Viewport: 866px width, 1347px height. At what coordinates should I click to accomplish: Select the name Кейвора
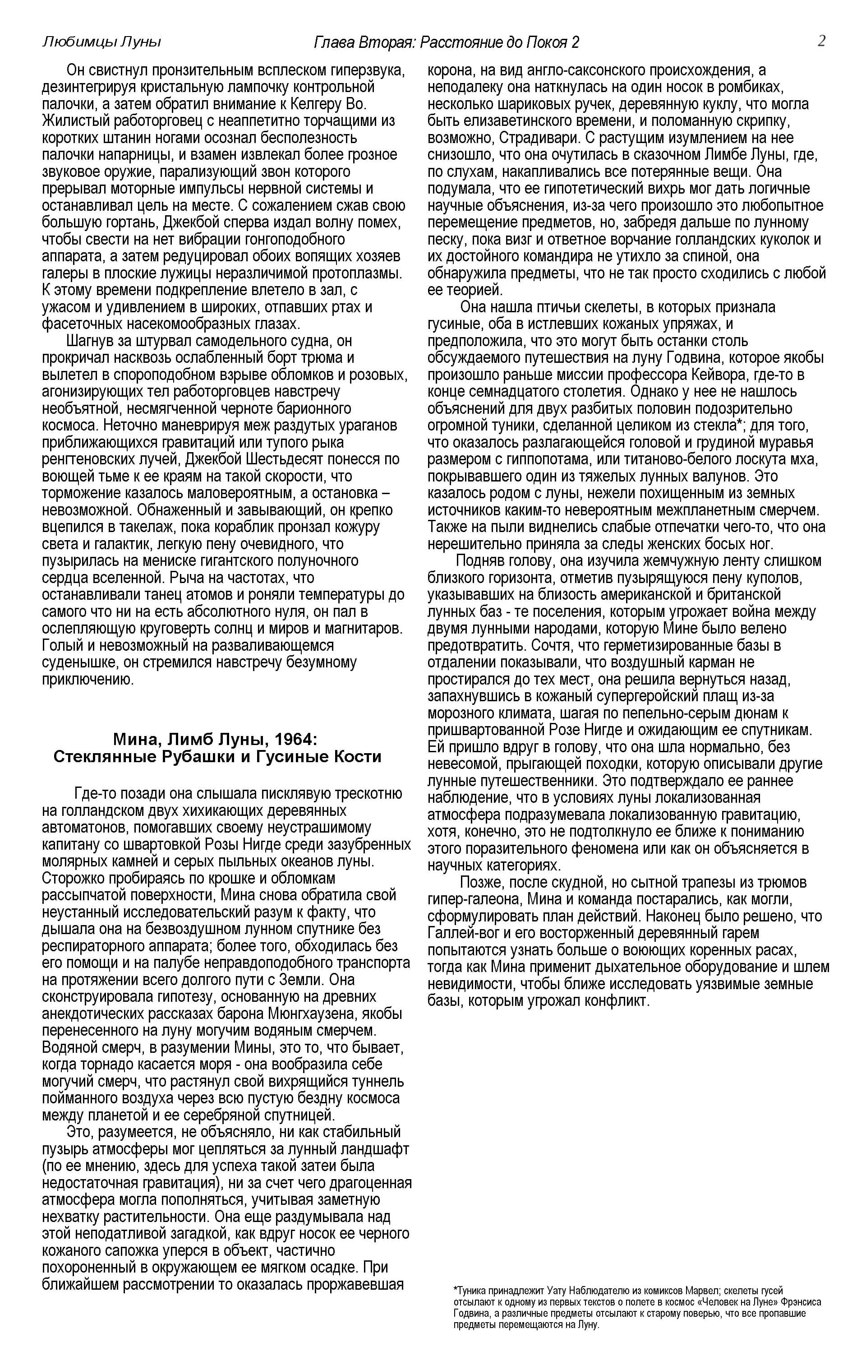[x=765, y=374]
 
